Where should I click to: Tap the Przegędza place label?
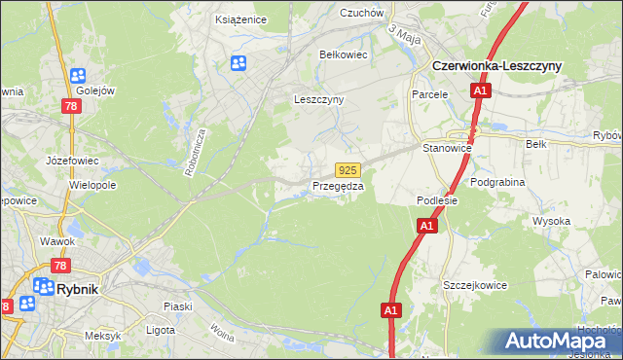pyautogui.click(x=338, y=185)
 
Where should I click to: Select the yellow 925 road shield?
pyautogui.click(x=349, y=169)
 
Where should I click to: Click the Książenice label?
pyautogui.click(x=239, y=18)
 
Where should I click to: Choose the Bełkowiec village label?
pyautogui.click(x=344, y=54)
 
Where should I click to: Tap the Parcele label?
pyautogui.click(x=429, y=94)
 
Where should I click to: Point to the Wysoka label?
pyautogui.click(x=551, y=221)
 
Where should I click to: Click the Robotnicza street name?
pyautogui.click(x=195, y=150)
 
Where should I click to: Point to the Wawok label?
pyautogui.click(x=57, y=240)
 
